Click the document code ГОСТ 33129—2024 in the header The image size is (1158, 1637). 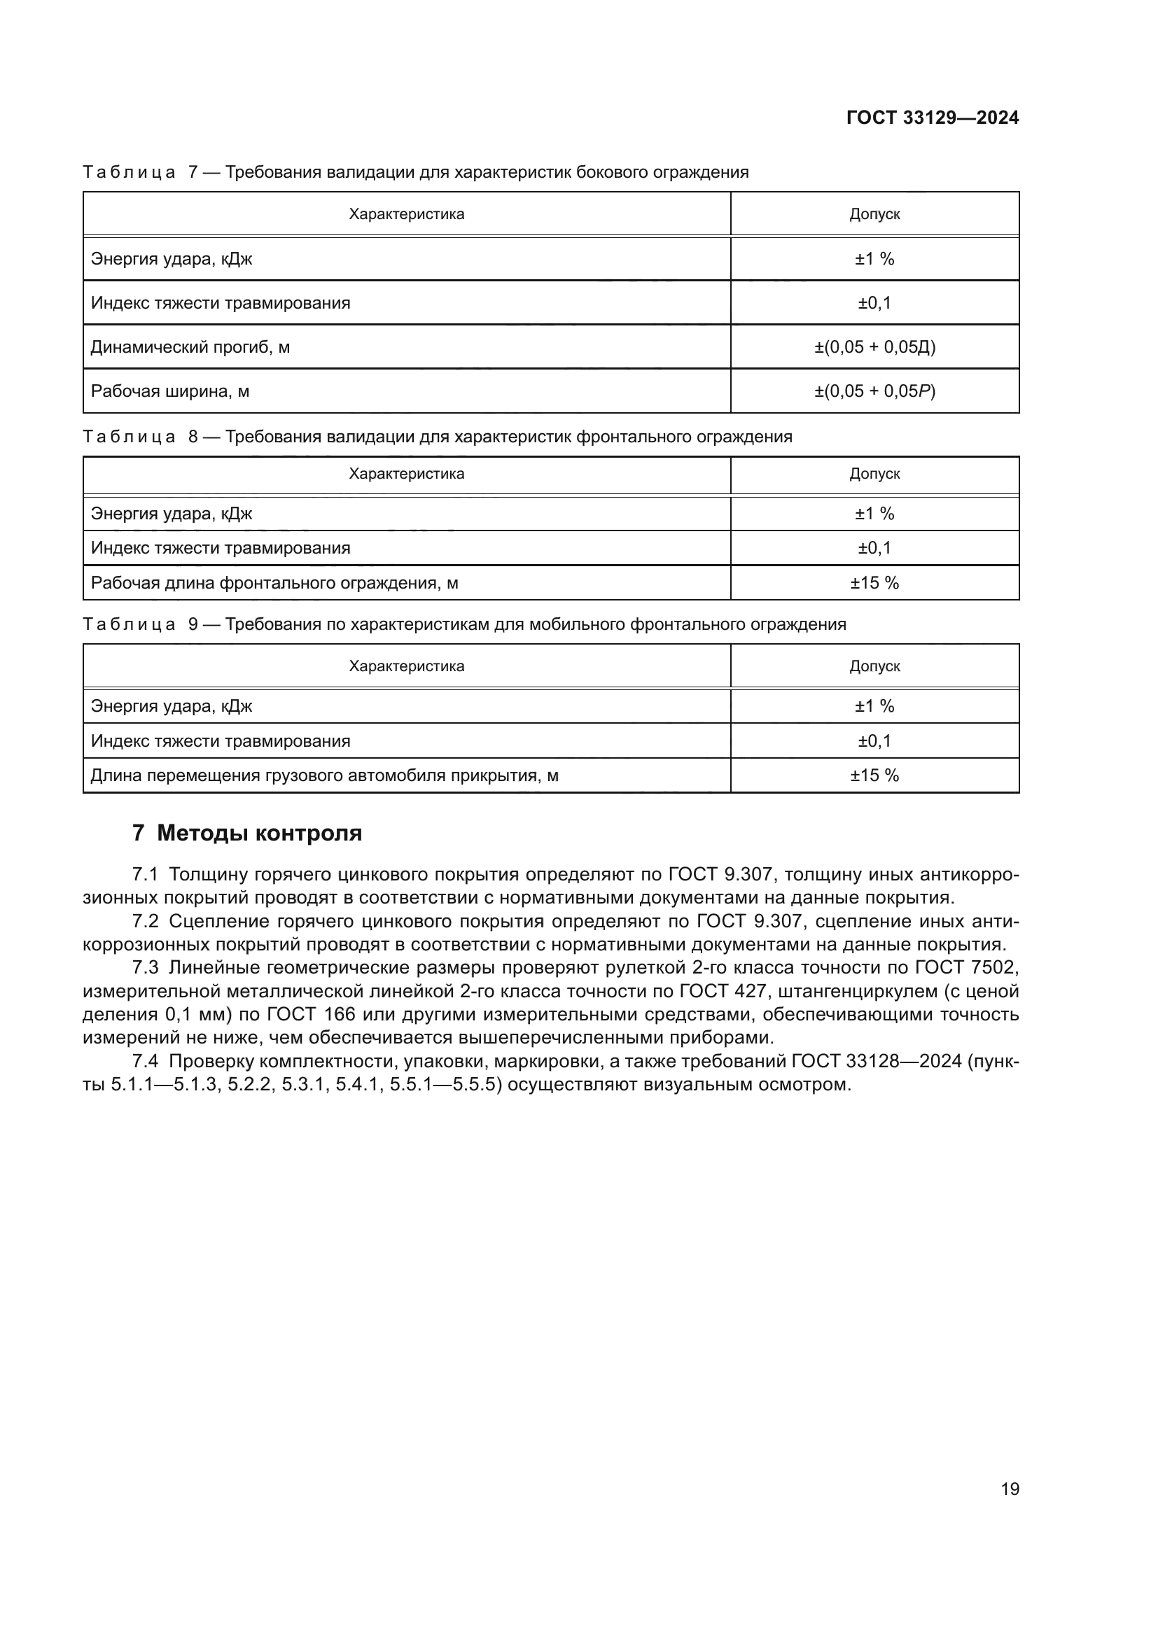coord(932,118)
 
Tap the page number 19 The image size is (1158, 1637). coord(1010,1489)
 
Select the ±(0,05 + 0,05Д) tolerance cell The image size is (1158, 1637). coord(874,347)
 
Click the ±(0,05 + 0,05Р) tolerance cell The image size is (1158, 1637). coord(874,391)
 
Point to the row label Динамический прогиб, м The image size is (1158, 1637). coord(190,347)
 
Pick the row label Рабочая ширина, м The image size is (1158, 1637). coord(170,391)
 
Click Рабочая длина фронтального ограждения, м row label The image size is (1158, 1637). coord(274,583)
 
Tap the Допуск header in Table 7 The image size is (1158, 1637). coord(874,215)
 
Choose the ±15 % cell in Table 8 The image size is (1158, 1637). coord(874,583)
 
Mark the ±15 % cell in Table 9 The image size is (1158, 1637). coord(874,775)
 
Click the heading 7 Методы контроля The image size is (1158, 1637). coord(247,833)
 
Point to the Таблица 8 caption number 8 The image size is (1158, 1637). coord(193,436)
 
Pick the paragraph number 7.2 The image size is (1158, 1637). coord(146,922)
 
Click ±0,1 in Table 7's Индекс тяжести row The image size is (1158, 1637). coord(874,303)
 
